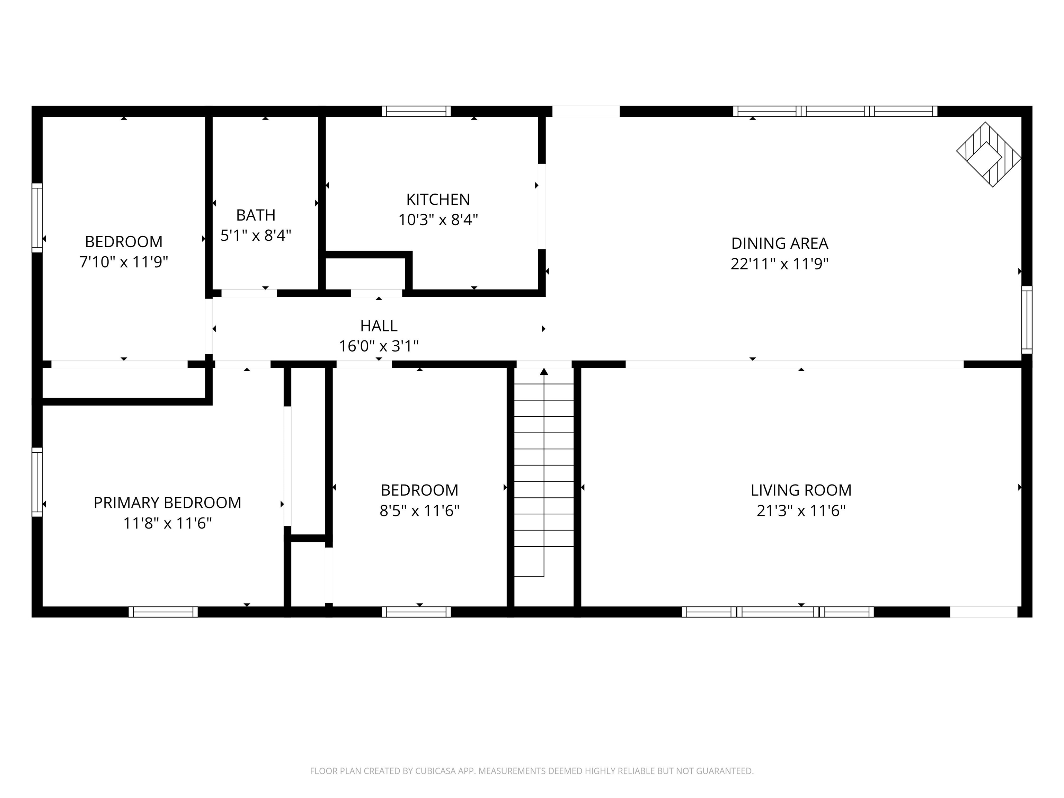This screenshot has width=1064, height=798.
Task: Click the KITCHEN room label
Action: tap(438, 199)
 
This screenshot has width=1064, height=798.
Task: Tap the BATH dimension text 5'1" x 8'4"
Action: tap(256, 235)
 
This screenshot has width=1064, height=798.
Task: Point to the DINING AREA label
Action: tap(779, 243)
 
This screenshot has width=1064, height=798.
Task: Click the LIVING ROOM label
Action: tap(801, 490)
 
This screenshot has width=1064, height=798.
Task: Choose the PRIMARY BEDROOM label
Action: tap(167, 503)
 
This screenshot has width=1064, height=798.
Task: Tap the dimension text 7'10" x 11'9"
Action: tap(124, 262)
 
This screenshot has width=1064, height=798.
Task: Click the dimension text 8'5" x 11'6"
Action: tap(419, 511)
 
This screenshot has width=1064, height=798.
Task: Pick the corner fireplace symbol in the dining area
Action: tap(988, 154)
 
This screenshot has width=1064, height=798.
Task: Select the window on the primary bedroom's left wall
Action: tap(37, 482)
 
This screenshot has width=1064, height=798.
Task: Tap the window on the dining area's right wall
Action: tap(1027, 320)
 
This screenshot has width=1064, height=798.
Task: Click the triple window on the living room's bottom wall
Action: tap(778, 612)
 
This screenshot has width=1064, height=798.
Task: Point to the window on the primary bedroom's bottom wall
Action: tap(163, 612)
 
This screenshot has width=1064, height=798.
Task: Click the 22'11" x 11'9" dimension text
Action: tap(779, 264)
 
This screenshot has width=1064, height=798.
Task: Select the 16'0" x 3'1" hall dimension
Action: tap(379, 346)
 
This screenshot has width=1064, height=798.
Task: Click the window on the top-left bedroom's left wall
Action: tap(37, 218)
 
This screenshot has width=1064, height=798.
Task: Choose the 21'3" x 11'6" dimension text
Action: tap(801, 511)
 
